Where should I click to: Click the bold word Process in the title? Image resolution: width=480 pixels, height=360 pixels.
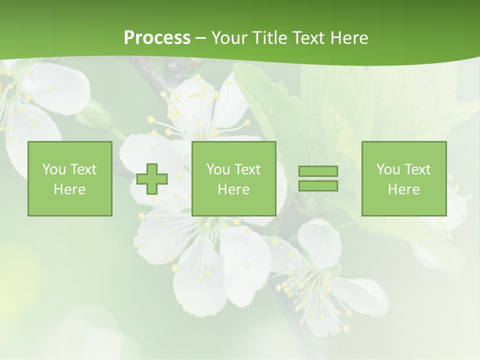tap(157, 37)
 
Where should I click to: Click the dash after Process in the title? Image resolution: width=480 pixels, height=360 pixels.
tap(200, 38)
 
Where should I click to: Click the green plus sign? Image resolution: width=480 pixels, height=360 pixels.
tap(152, 178)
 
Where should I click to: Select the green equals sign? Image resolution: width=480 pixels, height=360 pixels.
tap(318, 178)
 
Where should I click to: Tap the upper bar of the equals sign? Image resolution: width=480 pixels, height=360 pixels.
tap(318, 171)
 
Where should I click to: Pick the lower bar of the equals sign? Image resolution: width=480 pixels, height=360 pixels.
tap(318, 185)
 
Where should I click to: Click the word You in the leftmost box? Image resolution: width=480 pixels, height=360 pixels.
tap(54, 169)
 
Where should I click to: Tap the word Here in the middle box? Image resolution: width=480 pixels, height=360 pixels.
tap(233, 189)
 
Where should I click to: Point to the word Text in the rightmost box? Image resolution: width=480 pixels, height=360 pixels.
tap(416, 169)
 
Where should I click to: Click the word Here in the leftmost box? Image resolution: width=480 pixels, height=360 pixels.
tap(69, 189)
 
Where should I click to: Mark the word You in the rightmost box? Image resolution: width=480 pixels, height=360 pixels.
tap(388, 169)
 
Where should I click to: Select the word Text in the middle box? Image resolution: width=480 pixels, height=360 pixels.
tap(246, 169)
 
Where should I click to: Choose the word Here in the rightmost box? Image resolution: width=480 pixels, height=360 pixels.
tap(403, 189)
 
